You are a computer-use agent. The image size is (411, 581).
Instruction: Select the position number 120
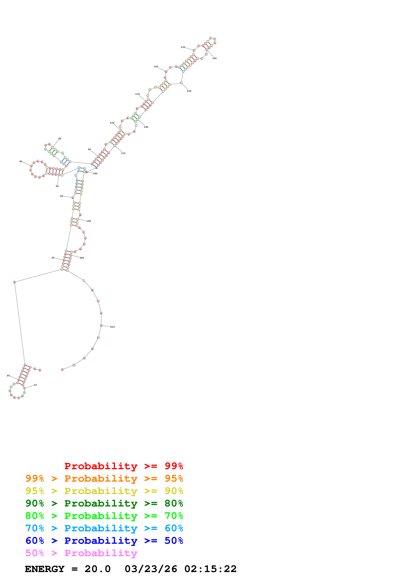[x=156, y=67]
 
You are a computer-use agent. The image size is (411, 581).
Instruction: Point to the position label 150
[x=189, y=91]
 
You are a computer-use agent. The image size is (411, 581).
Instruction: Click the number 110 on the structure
[x=137, y=94]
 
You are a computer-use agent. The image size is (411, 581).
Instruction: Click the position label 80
[x=60, y=139]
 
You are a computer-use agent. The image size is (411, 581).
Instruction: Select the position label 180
[x=95, y=174]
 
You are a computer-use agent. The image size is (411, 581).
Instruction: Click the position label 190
[x=89, y=221]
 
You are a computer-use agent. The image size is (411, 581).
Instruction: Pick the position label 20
[x=8, y=375]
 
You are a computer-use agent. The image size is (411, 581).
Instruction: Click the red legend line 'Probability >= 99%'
[x=124, y=466]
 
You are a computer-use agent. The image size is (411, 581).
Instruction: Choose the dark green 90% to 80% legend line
[x=104, y=503]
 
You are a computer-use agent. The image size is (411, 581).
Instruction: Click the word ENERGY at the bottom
[x=45, y=569]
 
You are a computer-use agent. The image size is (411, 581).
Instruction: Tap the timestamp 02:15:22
[x=210, y=569]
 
